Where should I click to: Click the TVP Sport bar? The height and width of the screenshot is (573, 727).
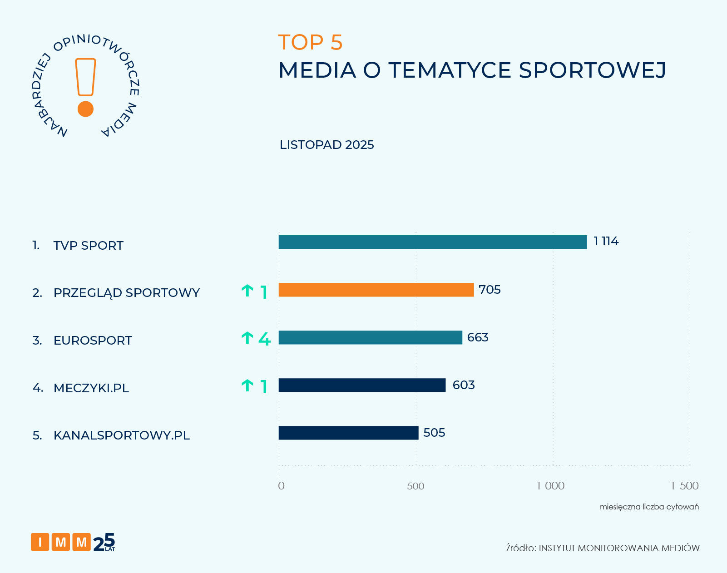tap(432, 242)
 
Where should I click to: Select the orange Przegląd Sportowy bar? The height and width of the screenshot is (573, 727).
tap(376, 290)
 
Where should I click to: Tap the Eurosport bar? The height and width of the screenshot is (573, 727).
tap(370, 337)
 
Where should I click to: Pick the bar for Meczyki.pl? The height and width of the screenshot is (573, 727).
tap(362, 385)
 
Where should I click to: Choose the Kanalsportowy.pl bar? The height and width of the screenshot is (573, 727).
tap(348, 433)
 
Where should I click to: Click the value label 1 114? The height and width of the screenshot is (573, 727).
tap(606, 241)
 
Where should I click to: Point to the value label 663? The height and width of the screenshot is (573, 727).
tap(478, 337)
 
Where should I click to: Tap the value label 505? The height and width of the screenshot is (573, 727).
tap(434, 433)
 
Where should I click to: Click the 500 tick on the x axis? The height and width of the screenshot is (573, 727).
tap(415, 486)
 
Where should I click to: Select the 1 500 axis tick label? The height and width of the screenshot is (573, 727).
tap(684, 486)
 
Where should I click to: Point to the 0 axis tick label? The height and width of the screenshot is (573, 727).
tap(281, 486)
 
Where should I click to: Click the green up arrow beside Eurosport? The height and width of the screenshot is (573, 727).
tap(247, 338)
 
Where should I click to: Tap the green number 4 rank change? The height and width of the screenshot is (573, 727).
tap(264, 339)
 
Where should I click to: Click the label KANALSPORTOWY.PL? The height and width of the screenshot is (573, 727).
tap(121, 435)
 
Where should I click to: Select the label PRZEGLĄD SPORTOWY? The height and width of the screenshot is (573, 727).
tap(126, 293)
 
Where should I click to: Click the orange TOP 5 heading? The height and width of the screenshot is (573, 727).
tap(310, 42)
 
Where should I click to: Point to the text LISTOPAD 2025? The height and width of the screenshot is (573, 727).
tap(326, 145)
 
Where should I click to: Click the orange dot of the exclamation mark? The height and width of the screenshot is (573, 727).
tap(85, 109)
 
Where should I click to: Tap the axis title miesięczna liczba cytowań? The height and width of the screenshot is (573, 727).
tap(649, 507)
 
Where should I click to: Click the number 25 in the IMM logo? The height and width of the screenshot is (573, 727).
tap(104, 542)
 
